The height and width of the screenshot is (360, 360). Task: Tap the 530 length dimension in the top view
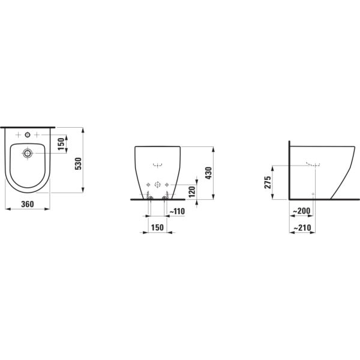(77, 164)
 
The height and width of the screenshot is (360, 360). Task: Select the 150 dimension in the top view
(60, 143)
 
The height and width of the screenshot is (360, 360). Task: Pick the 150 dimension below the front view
(157, 227)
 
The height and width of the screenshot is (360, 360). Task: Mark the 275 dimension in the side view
(268, 182)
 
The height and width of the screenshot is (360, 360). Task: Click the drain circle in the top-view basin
(27, 154)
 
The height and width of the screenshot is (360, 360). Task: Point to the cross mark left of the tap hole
(18, 134)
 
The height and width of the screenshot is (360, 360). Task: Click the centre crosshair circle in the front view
(157, 184)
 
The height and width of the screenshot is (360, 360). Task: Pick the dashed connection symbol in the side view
(313, 163)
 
